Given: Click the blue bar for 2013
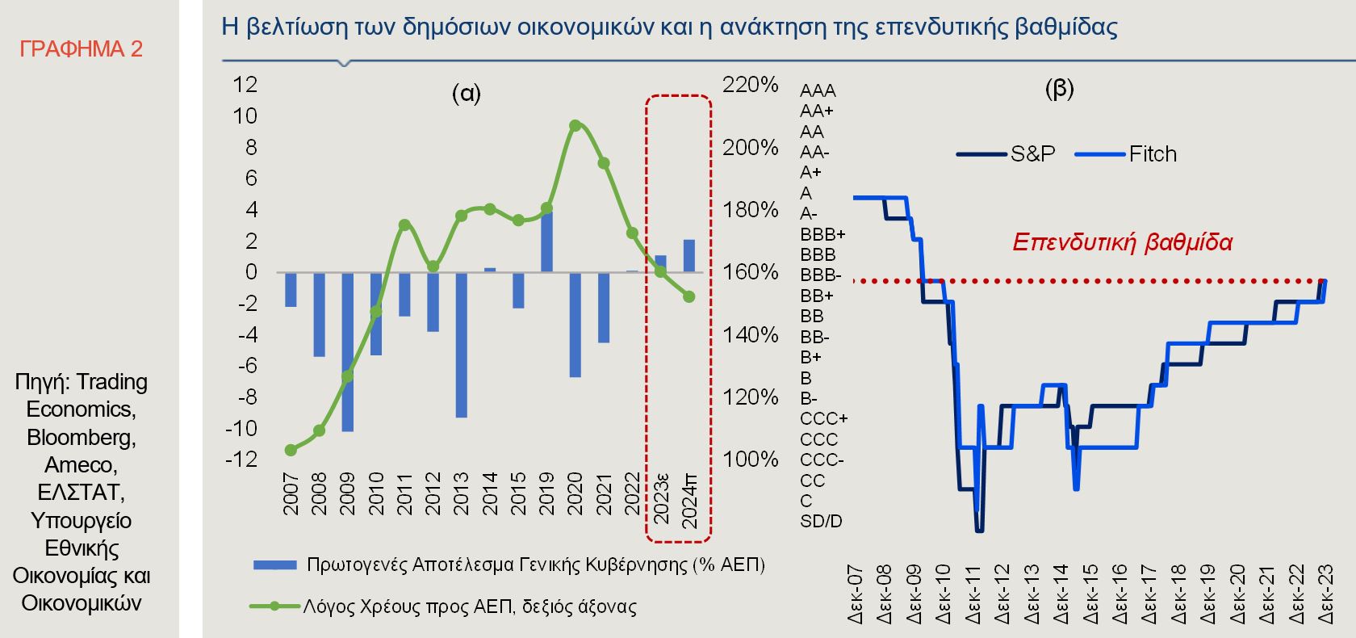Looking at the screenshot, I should pyautogui.click(x=461, y=344).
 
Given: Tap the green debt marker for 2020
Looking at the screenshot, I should pyautogui.click(x=575, y=125).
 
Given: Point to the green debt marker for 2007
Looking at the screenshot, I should pyautogui.click(x=291, y=450).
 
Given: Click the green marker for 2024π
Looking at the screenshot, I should pyautogui.click(x=688, y=296).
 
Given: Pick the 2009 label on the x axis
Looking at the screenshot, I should pyautogui.click(x=348, y=493).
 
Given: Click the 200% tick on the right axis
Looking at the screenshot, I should pyautogui.click(x=751, y=147).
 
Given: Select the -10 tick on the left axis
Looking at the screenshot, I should pyautogui.click(x=241, y=428).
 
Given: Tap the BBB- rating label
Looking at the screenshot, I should pyautogui.click(x=820, y=275).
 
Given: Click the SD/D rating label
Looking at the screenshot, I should pyautogui.click(x=820, y=522).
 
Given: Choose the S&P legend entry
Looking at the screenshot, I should pyautogui.click(x=1007, y=153).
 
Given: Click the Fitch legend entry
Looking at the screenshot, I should pyautogui.click(x=1127, y=153).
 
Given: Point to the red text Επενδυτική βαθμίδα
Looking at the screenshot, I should pyautogui.click(x=1122, y=242).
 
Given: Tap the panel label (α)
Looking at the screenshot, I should pyautogui.click(x=466, y=94).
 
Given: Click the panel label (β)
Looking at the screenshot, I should pyautogui.click(x=1059, y=88).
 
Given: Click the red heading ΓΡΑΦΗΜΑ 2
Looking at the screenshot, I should pyautogui.click(x=81, y=49).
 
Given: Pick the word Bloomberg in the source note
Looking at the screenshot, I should pyautogui.click(x=81, y=437).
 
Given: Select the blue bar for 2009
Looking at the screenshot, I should pyautogui.click(x=348, y=351).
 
